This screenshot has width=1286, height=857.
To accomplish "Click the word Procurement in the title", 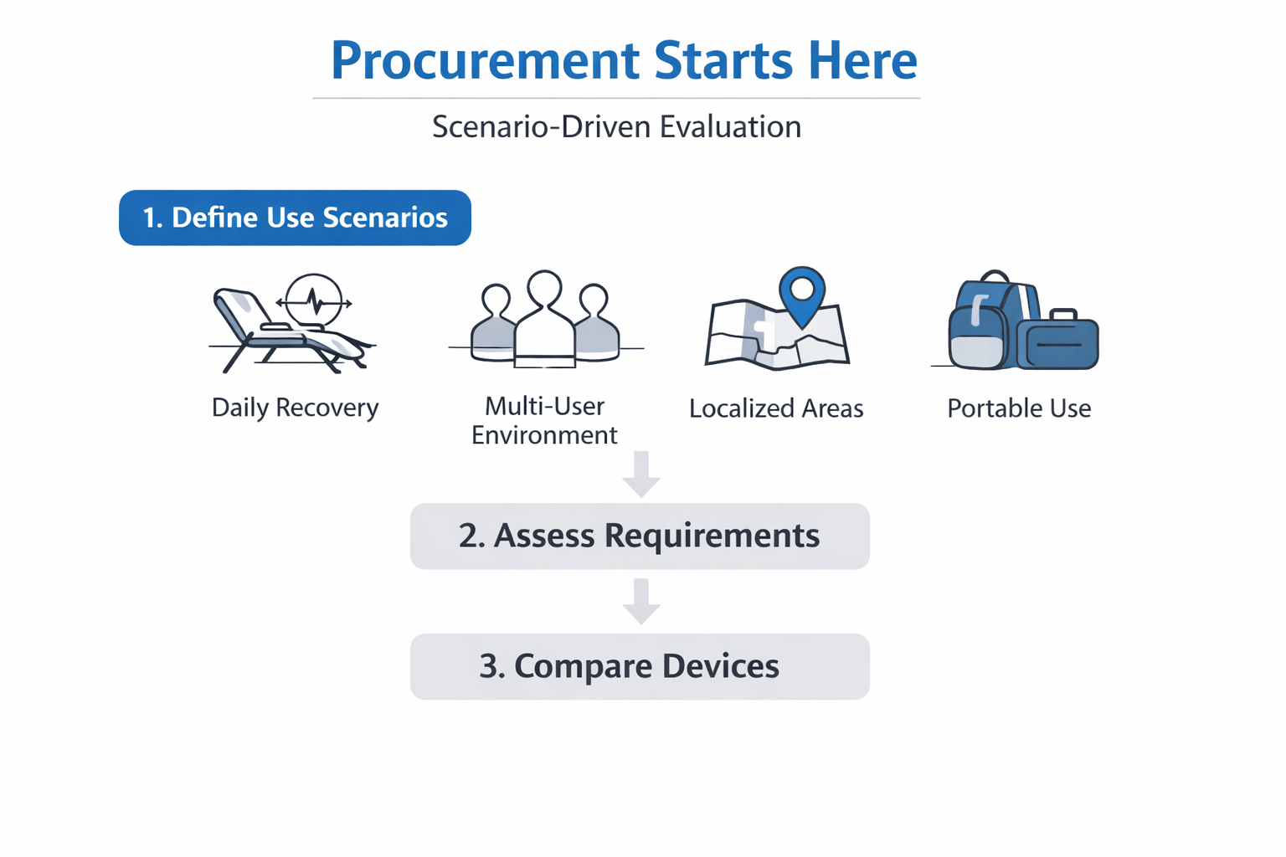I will click(x=485, y=60).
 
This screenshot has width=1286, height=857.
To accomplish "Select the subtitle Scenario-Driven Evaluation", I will click(x=616, y=127).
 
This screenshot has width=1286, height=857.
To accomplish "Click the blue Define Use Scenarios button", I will click(x=295, y=218).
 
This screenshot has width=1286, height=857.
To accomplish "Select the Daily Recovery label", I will click(x=295, y=408).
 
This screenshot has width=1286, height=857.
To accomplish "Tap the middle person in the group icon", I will click(x=545, y=322).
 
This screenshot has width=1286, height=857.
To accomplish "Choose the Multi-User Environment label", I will click(x=544, y=421).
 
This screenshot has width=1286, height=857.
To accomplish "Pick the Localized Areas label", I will click(x=776, y=408).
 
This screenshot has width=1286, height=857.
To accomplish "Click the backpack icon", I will click(x=984, y=326).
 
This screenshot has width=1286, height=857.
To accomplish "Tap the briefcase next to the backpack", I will click(x=1059, y=341).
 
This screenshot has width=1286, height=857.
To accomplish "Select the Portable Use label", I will click(x=1019, y=408).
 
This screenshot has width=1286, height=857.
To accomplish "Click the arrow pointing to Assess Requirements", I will click(x=641, y=475).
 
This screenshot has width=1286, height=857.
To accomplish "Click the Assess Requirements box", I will click(x=640, y=536).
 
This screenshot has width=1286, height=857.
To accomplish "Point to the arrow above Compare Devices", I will click(x=641, y=602).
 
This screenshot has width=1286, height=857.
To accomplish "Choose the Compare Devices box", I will click(x=640, y=667).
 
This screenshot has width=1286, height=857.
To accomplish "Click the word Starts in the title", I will click(x=723, y=60).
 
